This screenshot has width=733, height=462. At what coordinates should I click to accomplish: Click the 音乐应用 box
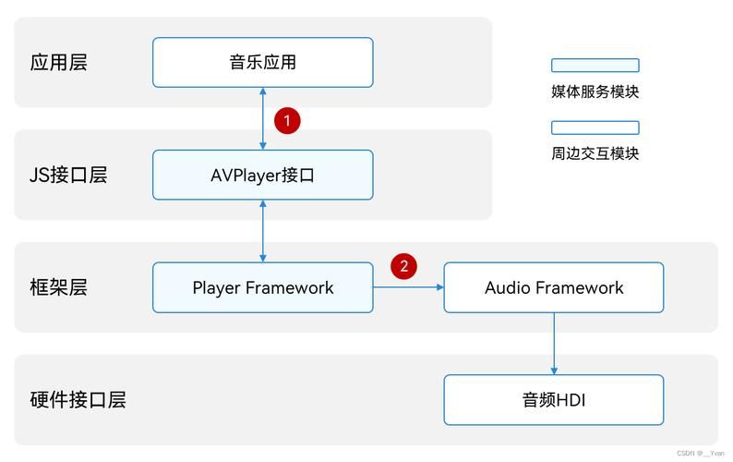(262, 63)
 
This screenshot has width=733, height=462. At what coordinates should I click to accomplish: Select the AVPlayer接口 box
(262, 175)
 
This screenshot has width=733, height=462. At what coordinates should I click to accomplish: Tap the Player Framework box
(262, 287)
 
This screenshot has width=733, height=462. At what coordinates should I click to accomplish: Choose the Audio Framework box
(554, 287)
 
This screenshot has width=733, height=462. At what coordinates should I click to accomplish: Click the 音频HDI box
(554, 400)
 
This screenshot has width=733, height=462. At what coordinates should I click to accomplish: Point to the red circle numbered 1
(287, 120)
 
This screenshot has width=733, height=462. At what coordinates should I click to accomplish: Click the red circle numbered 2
(403, 267)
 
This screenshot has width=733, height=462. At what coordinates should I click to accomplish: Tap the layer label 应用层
(58, 63)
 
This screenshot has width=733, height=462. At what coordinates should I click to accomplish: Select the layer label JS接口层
(68, 175)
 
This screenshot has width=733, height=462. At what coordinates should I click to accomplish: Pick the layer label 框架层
(58, 287)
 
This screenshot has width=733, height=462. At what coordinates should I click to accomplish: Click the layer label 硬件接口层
(78, 400)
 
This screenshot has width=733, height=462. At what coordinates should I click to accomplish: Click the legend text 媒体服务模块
(595, 91)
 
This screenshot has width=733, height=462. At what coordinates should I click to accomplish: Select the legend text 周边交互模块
(595, 153)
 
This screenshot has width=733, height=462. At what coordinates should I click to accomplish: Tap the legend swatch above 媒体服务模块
(595, 66)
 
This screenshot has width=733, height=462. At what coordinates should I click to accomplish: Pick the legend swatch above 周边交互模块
(595, 128)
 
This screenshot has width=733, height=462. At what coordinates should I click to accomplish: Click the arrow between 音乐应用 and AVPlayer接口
(263, 118)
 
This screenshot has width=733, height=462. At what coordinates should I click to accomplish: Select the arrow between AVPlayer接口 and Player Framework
(263, 231)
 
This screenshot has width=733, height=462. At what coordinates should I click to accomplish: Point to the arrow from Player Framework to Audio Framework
(408, 287)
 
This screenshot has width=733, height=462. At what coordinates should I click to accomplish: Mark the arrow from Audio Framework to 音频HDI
(554, 343)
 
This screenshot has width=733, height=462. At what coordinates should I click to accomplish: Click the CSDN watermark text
(700, 454)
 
